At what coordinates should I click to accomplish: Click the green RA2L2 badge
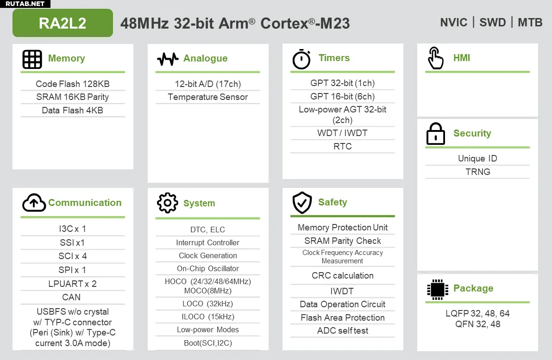pos(63,23)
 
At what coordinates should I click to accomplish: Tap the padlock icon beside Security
pos(435,134)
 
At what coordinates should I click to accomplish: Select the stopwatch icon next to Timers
pos(301,59)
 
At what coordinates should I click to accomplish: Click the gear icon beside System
pos(167,203)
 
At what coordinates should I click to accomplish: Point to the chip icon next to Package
pos(437,289)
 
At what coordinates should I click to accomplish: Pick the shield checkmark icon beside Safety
pos(302,202)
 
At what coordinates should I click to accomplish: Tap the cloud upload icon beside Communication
pos(34,202)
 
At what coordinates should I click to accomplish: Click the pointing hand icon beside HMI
pos(435,58)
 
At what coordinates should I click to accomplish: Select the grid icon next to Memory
pos(32,59)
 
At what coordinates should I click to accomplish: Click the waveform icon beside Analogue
pos(168,59)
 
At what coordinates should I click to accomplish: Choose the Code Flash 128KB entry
pos(73,84)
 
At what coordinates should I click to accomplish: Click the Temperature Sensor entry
pos(208,97)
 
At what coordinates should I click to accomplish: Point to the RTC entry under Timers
pos(343,146)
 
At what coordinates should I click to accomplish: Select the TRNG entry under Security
pos(478,172)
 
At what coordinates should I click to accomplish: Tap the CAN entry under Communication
pos(71,297)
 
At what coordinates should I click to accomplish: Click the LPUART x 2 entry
pos(73,284)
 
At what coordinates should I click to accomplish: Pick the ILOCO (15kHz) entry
pos(208,317)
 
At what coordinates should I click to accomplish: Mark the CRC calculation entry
pos(343,275)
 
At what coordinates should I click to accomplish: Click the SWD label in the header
pos(493,23)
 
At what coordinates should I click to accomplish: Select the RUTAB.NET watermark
pos(25,4)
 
